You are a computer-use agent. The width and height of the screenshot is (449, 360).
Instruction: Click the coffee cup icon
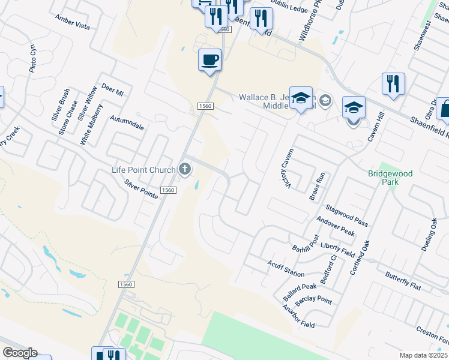click(x=209, y=60)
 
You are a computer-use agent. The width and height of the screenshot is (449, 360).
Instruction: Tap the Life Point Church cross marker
click(x=185, y=170)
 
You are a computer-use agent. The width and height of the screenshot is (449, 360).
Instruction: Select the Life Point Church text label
click(x=143, y=170)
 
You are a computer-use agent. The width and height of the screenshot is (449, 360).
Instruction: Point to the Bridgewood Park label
click(x=390, y=178)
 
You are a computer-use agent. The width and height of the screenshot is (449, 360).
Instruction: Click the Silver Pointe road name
click(x=140, y=188)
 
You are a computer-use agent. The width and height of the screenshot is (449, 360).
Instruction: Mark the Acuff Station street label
click(x=286, y=268)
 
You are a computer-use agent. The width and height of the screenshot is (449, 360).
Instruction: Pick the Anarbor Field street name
click(x=298, y=316)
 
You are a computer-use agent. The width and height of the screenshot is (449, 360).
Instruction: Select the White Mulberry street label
click(x=92, y=124)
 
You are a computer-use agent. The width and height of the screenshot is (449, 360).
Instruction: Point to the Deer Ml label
click(x=112, y=90)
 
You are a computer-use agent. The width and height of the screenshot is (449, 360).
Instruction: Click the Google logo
click(x=20, y=353)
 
